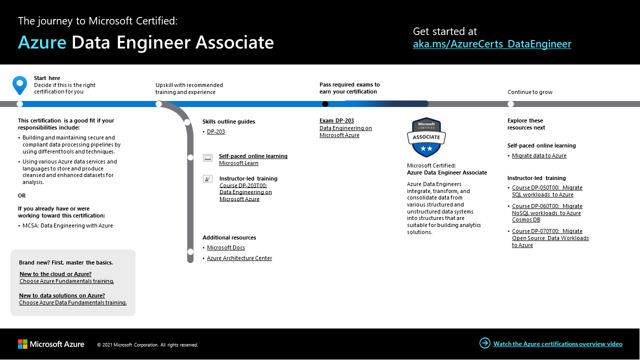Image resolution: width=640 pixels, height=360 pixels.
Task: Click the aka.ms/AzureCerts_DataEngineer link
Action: click(492, 44)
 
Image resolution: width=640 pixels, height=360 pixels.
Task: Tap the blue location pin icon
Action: click(19, 85)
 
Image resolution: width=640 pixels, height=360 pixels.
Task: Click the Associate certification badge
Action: click(426, 137)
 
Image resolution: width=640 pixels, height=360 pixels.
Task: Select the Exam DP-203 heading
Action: click(336, 120)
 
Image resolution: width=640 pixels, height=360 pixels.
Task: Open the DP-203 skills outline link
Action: click(216, 131)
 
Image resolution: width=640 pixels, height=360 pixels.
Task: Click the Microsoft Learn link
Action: click(238, 163)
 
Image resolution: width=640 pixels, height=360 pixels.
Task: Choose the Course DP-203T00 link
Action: click(245, 192)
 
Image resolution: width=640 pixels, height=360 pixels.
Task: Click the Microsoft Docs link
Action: click(226, 247)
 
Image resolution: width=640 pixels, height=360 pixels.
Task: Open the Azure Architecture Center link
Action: click(239, 258)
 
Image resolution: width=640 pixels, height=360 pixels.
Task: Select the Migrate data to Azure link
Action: click(539, 155)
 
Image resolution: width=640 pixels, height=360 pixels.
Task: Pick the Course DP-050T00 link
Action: click(547, 191)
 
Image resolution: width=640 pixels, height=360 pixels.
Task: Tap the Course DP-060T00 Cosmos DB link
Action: click(547, 212)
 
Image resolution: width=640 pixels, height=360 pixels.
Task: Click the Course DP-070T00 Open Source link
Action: click(550, 238)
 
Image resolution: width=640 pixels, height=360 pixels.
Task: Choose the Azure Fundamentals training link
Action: click(66, 281)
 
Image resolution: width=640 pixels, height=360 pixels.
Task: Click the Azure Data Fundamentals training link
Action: click(72, 302)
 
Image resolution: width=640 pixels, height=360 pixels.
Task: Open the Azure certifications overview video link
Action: click(557, 344)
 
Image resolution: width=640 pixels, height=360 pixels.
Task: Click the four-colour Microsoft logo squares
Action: click(22, 344)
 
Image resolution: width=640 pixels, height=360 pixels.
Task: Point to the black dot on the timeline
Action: click(325, 104)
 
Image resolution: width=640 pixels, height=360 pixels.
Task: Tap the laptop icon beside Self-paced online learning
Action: click(207, 157)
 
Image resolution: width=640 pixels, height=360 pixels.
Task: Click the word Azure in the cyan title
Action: click(42, 43)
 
